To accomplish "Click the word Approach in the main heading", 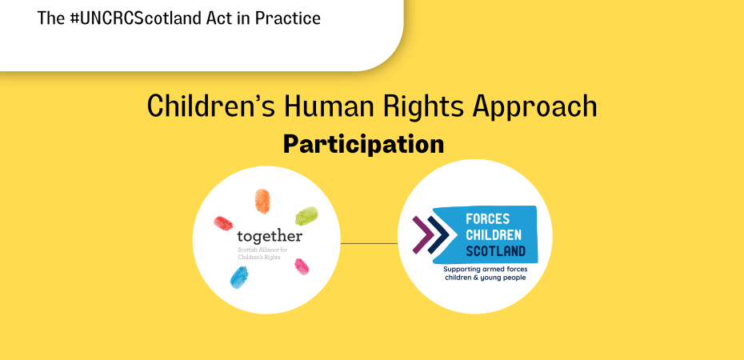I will [x=538, y=107].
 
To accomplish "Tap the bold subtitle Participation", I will [x=363, y=144].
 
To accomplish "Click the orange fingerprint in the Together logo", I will [x=262, y=200].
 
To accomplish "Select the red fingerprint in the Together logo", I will [x=223, y=221].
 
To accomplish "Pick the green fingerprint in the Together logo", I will [x=306, y=215].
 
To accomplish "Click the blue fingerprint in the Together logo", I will [x=238, y=277].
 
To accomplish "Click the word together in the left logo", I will [x=270, y=237].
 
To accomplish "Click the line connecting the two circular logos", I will [x=369, y=243].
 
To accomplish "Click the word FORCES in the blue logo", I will [x=486, y=218].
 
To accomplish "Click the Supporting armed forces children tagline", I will [x=486, y=274].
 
